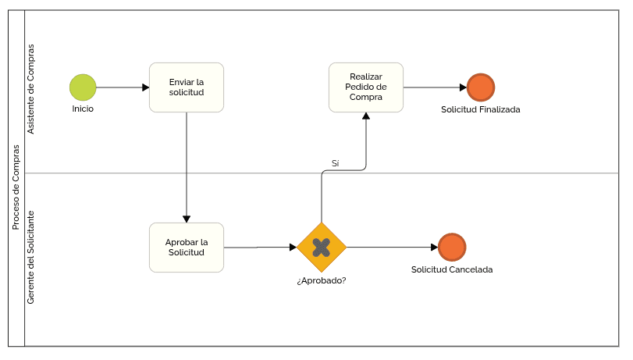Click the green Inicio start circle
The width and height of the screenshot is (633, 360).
click(x=83, y=87)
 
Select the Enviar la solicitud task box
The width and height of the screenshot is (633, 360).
click(x=187, y=87)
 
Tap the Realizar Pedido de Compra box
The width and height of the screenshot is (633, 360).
click(x=366, y=87)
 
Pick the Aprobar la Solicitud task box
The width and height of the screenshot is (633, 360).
click(x=187, y=248)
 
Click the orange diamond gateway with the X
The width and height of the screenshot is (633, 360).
click(x=322, y=248)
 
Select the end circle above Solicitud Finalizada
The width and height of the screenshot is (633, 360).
click(x=481, y=87)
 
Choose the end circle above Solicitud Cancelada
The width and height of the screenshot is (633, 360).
click(x=452, y=248)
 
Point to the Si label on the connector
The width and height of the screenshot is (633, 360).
click(x=335, y=163)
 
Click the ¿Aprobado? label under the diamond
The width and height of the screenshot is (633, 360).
click(x=322, y=281)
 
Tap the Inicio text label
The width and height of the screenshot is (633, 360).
click(x=83, y=109)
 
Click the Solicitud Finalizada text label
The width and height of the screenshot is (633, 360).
click(x=480, y=109)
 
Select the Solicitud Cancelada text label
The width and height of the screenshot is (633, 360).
click(x=452, y=269)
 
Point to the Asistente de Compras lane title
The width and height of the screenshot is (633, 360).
click(x=30, y=89)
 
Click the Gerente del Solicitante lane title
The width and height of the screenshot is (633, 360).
click(x=30, y=258)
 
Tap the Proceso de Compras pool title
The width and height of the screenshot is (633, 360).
click(x=16, y=187)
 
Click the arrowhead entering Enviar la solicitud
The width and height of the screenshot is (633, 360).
click(x=146, y=87)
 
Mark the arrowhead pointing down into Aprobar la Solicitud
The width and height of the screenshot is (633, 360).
click(x=187, y=219)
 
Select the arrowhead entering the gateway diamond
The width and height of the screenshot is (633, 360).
click(x=293, y=248)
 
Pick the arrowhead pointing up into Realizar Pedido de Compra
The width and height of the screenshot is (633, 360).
click(x=366, y=116)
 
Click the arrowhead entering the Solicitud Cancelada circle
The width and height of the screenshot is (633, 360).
click(x=435, y=248)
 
